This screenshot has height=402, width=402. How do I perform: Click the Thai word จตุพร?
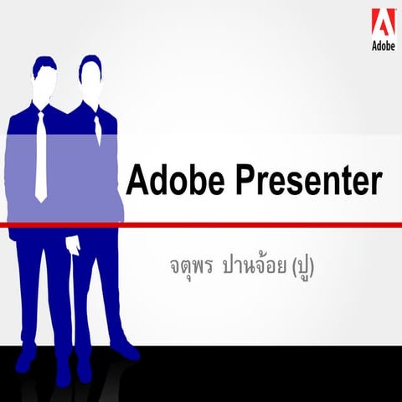(x=190, y=268)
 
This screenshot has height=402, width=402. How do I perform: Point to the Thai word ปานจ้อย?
(x=255, y=267)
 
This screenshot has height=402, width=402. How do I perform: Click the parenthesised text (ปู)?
(x=307, y=268)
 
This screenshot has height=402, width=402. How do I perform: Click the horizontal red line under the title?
(x=251, y=225)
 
